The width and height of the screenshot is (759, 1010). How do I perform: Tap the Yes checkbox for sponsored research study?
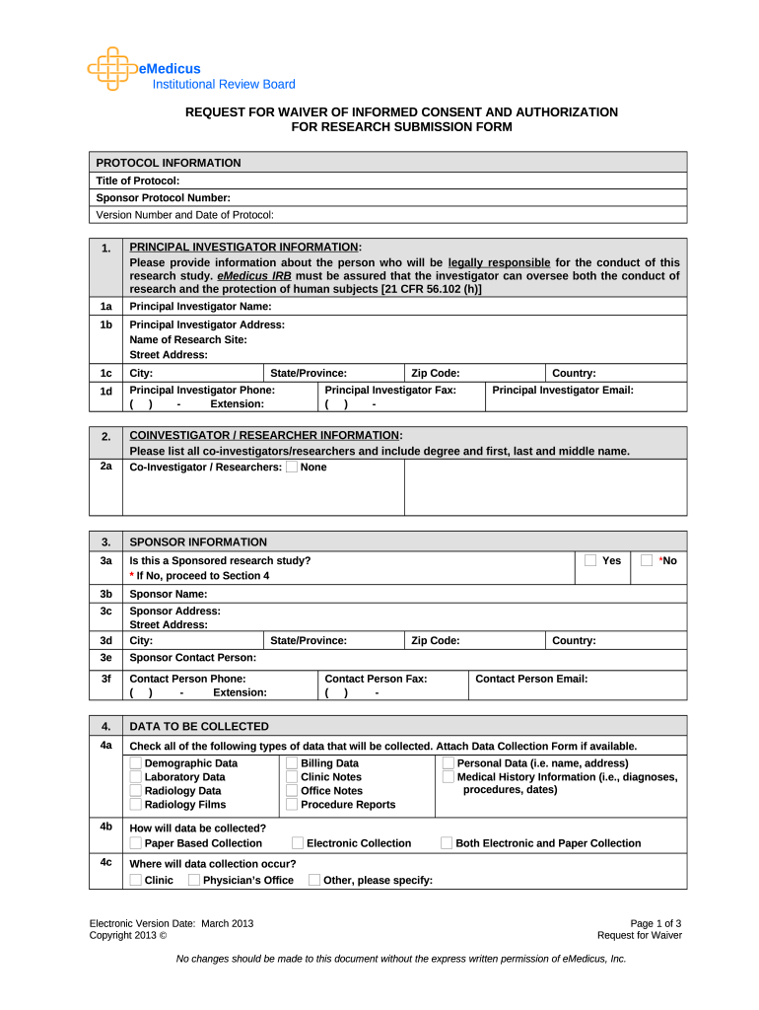pyautogui.click(x=590, y=560)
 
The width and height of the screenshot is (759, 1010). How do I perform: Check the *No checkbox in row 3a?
pyautogui.click(x=647, y=560)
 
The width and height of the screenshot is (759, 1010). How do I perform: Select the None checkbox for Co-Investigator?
pyautogui.click(x=291, y=467)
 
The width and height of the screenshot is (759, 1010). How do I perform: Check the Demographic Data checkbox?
pyautogui.click(x=135, y=763)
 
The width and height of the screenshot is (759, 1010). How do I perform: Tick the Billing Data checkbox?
pyautogui.click(x=292, y=763)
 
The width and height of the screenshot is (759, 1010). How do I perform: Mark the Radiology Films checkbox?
pyautogui.click(x=135, y=805)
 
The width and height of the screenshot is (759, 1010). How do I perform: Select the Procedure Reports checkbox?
pyautogui.click(x=292, y=805)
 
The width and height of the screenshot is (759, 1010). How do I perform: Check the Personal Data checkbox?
pyautogui.click(x=448, y=763)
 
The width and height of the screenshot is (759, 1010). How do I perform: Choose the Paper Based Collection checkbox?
pyautogui.click(x=135, y=843)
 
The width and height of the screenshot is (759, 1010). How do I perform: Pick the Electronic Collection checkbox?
pyautogui.click(x=297, y=843)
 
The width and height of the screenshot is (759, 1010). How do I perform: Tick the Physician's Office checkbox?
pyautogui.click(x=193, y=880)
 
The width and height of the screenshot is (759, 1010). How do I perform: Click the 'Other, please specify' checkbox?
pyautogui.click(x=313, y=880)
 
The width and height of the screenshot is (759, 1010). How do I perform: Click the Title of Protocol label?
pyautogui.click(x=137, y=180)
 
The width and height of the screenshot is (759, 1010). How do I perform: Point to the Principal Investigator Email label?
pyautogui.click(x=562, y=391)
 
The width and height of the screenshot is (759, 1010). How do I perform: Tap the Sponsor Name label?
pyautogui.click(x=169, y=594)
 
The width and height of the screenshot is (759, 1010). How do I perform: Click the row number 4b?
pyautogui.click(x=105, y=827)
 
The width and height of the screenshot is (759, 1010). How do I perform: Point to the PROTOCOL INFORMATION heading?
pyautogui.click(x=168, y=163)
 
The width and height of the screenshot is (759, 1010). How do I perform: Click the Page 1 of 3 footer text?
pyautogui.click(x=655, y=923)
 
